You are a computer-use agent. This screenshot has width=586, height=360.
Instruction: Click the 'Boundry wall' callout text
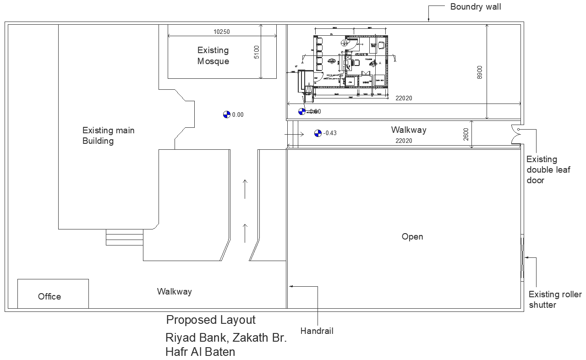point(475,7)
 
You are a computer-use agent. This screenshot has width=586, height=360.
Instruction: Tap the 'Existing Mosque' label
point(213,55)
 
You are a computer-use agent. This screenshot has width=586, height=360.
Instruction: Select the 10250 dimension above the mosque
point(221,32)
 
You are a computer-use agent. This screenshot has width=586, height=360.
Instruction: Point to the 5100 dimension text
point(257,52)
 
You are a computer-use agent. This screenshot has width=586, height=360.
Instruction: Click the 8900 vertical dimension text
point(480,72)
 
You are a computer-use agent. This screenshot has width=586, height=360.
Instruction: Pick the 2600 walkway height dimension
point(466,134)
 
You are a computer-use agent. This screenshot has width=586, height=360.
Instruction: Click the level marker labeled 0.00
point(226,115)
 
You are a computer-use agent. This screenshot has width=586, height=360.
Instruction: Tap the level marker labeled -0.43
point(318,133)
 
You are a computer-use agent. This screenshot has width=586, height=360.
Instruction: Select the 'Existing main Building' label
point(108,136)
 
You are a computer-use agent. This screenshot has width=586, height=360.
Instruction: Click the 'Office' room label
point(49,296)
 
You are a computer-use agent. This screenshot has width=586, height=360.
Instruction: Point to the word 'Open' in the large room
point(412,237)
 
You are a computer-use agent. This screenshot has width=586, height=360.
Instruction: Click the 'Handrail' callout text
point(317,331)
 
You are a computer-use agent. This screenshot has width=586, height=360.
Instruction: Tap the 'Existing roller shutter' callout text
point(555,300)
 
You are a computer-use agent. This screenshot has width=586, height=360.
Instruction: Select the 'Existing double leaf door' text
point(548,170)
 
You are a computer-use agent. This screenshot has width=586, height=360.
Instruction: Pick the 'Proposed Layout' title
point(211,320)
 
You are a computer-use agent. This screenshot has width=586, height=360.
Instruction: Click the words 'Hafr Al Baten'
point(200,352)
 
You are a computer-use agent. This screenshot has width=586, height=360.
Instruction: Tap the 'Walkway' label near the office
point(174,291)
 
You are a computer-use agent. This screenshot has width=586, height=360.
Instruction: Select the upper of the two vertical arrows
point(245,189)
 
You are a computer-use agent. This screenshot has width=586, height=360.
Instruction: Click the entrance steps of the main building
point(125,238)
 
